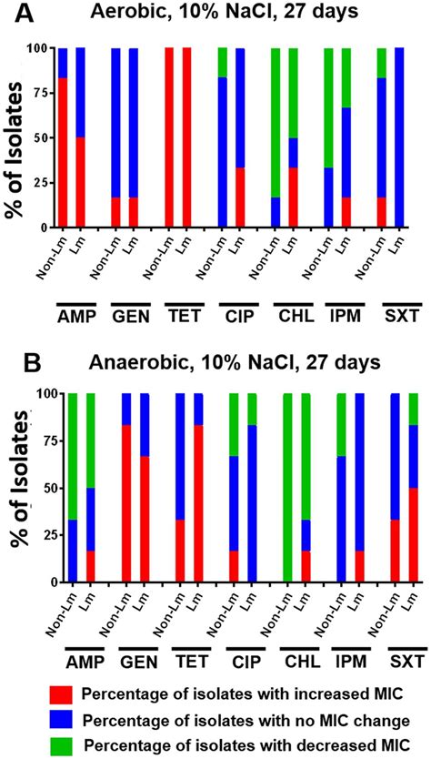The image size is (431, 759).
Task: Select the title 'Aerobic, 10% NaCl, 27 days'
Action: point(235,16)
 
